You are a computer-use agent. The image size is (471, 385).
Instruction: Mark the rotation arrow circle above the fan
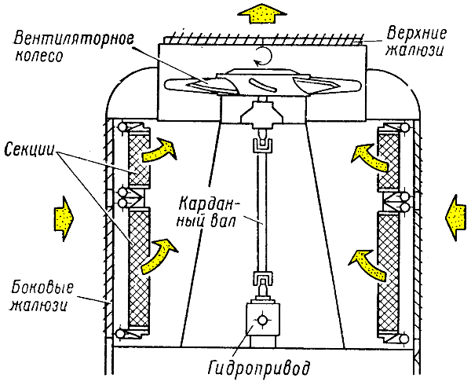[261, 55]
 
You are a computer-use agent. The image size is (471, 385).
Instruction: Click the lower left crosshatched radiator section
[139, 267]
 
